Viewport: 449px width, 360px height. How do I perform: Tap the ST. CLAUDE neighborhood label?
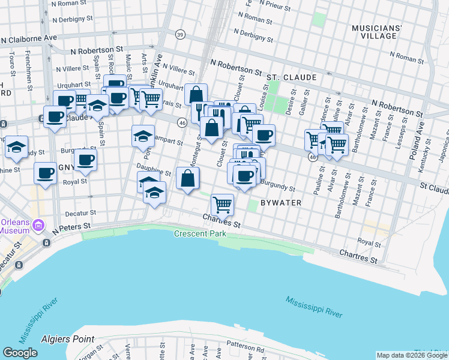[x=291, y=78]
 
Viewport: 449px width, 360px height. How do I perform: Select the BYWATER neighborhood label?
[x=282, y=203]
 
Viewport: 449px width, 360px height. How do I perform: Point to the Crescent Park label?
[x=200, y=234]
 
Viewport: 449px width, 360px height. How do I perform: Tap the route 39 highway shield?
[x=180, y=35]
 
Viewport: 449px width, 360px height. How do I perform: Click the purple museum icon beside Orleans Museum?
[x=39, y=226]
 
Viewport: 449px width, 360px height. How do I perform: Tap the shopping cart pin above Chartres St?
[x=222, y=205]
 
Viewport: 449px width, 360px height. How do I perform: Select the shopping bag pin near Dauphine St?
[x=188, y=178]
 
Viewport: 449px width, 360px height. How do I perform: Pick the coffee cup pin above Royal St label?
[x=45, y=173]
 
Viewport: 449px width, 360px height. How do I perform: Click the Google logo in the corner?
[x=20, y=353]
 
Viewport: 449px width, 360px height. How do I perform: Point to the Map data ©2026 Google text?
[x=411, y=355]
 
